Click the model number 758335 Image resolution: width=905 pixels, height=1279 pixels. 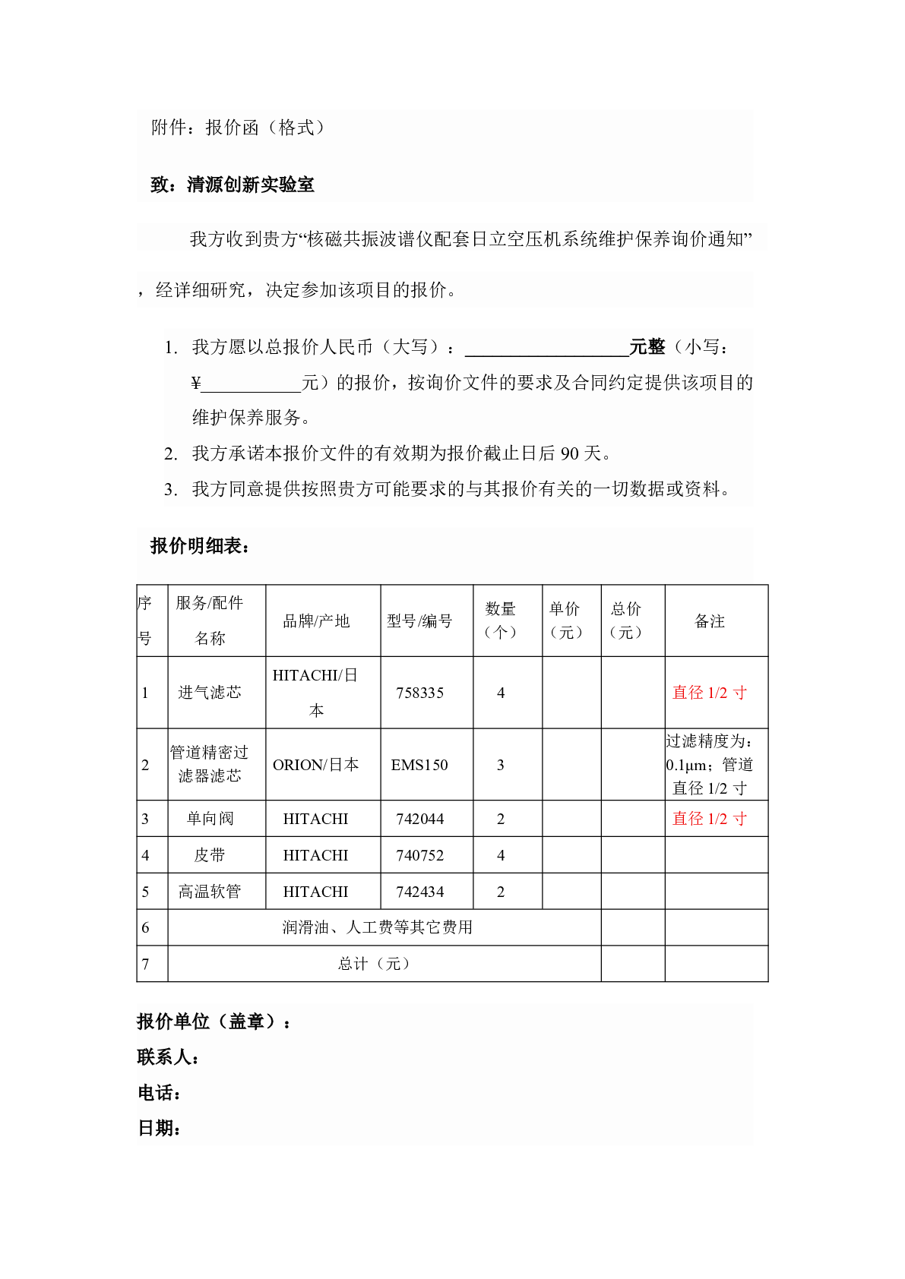pos(419,693)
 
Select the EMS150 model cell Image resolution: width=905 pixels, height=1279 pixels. pos(419,765)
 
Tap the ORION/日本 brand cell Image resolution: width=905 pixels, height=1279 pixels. pos(315,765)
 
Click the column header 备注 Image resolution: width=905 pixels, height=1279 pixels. pos(710,621)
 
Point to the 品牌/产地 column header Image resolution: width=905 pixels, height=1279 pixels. pos(316,621)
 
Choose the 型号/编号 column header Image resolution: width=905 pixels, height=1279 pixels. pos(419,621)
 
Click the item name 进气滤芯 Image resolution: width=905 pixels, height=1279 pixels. pos(210,693)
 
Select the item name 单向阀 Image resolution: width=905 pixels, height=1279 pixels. pos(210,819)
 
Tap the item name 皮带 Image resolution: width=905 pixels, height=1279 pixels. pos(210,855)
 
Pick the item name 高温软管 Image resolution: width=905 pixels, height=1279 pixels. pos(210,892)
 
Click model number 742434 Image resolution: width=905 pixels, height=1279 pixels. pos(419,892)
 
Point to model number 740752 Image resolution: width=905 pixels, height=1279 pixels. pos(419,855)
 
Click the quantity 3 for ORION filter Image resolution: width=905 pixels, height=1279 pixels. pos(501,765)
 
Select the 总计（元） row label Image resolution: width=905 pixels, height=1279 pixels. pos(375,964)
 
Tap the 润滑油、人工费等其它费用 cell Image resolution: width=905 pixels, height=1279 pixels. pos(378,927)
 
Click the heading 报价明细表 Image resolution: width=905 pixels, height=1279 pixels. pos(199,546)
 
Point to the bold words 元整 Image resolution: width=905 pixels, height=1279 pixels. pos(647,347)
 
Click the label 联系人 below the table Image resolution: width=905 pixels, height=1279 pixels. pos(167,1057)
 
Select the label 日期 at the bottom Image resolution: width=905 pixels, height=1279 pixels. pos(159,1129)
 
